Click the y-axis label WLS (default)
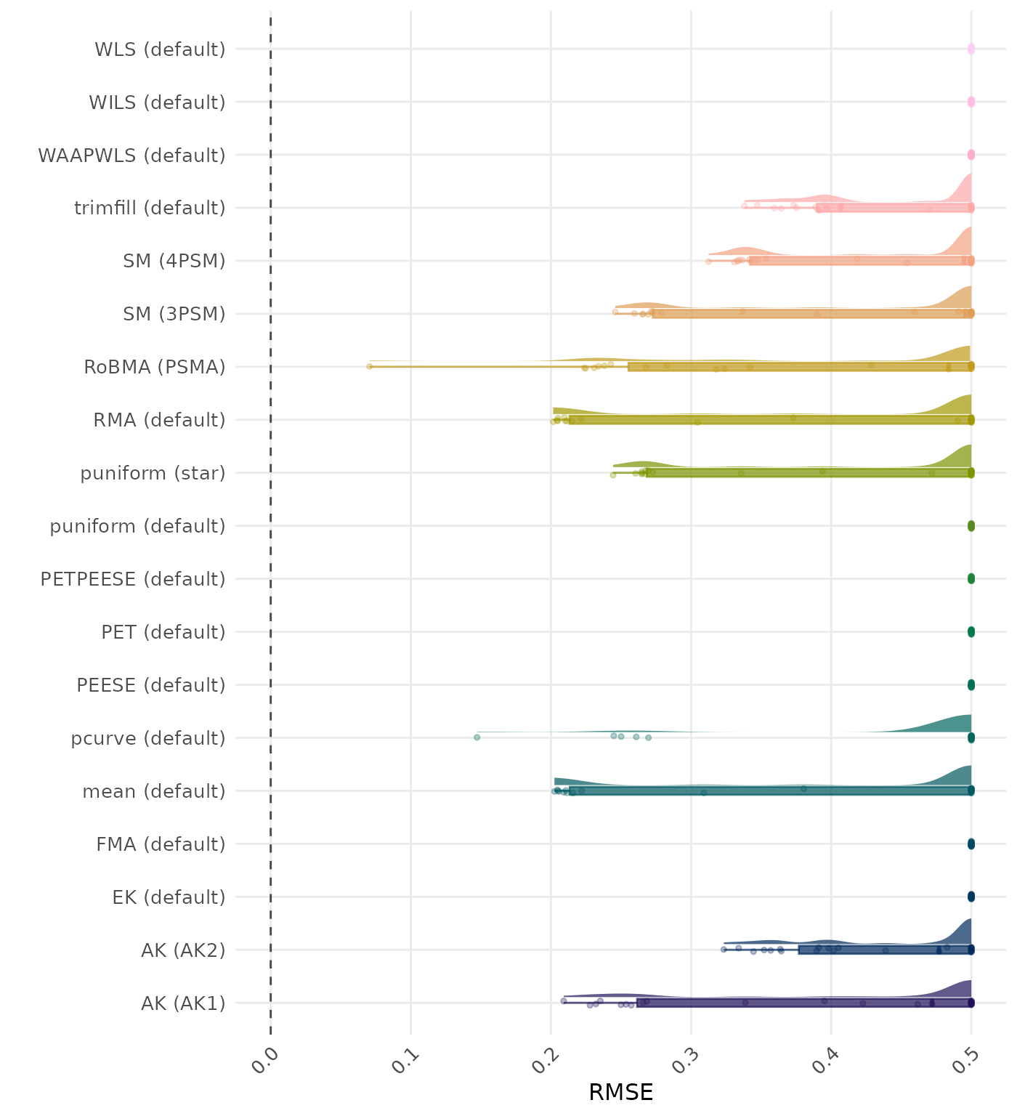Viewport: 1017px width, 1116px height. tap(160, 49)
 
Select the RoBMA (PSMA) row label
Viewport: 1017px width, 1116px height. tap(154, 368)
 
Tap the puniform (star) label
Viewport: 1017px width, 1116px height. tap(153, 474)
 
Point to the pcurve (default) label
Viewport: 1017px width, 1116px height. tap(148, 739)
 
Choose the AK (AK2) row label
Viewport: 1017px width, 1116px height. tap(183, 950)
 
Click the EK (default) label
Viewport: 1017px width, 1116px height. tap(169, 897)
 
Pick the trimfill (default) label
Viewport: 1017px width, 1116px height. tap(150, 209)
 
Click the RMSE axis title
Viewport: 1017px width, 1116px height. tap(620, 1093)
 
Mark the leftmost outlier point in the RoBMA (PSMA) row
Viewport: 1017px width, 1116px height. tap(369, 366)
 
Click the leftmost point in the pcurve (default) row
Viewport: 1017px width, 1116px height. tap(477, 737)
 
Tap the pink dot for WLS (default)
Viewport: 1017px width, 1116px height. tap(971, 49)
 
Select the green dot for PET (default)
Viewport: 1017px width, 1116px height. tap(971, 632)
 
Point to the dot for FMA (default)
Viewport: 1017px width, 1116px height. tap(971, 844)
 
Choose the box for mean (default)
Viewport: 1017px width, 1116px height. tap(770, 791)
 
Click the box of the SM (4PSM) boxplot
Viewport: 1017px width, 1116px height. tap(860, 261)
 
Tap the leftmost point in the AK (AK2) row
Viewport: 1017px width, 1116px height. tap(724, 949)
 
